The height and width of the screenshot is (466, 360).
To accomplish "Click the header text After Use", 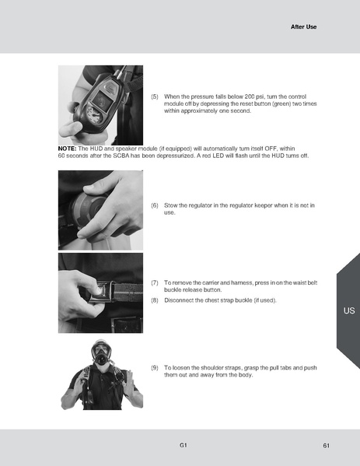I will (303, 26).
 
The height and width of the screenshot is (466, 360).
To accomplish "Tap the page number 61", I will (327, 445).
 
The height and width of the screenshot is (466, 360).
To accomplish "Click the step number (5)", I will (155, 96).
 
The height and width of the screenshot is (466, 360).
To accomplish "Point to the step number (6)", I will (155, 205).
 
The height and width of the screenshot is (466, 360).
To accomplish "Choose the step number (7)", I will (155, 282).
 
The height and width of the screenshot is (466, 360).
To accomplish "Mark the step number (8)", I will (155, 300).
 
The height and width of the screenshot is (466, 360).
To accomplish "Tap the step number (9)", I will (155, 366).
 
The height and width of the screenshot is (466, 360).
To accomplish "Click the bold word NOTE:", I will (66, 148).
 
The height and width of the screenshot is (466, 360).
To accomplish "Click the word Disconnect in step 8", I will (180, 300).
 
